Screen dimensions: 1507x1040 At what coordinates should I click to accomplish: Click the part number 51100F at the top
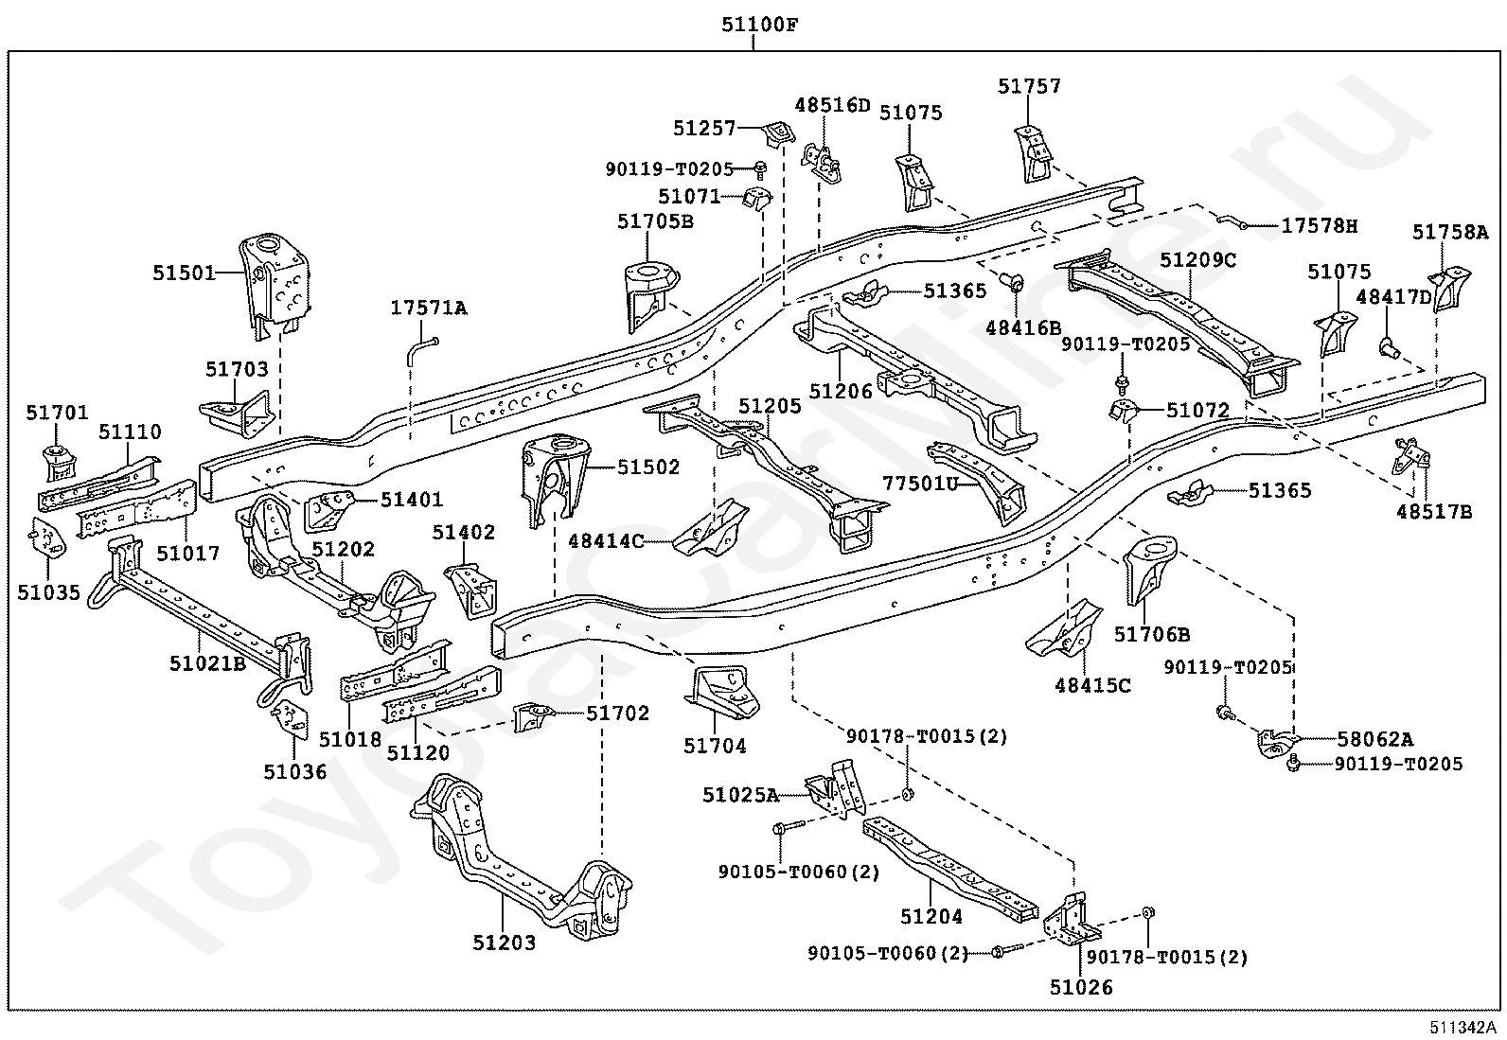[x=759, y=26]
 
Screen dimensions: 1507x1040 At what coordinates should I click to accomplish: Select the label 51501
[x=184, y=273]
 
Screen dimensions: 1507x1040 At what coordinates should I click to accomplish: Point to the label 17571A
[x=429, y=308]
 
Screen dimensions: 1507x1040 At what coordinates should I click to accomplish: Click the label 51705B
[x=655, y=221]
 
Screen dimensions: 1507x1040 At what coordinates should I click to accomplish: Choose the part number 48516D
[x=832, y=105]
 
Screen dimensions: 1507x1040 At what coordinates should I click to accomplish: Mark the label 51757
[x=1029, y=86]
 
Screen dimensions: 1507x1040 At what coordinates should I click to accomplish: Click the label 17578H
[x=1320, y=226]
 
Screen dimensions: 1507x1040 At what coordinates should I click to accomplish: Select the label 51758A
[x=1450, y=232]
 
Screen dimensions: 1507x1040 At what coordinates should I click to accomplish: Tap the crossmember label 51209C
[x=1198, y=259]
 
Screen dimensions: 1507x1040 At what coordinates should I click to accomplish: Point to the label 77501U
[x=920, y=483]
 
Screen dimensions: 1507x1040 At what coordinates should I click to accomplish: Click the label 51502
[x=648, y=467]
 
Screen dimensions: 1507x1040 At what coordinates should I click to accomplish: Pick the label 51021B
[x=207, y=663]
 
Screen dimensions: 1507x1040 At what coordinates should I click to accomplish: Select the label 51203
[x=504, y=943]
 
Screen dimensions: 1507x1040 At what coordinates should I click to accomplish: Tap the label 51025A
[x=740, y=795]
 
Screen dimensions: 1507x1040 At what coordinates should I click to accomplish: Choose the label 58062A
[x=1374, y=739]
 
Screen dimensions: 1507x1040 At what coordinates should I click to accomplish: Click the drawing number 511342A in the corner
[x=1463, y=1028]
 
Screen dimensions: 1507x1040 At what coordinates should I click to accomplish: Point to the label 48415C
[x=1092, y=685]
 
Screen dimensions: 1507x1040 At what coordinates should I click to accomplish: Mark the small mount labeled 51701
[x=60, y=463]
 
